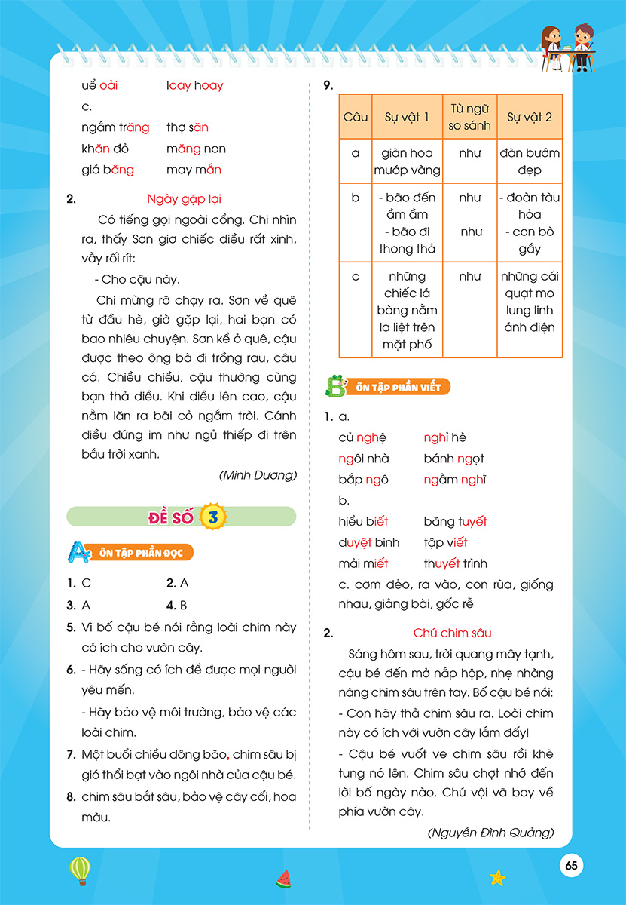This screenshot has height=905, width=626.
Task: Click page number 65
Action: [571, 866]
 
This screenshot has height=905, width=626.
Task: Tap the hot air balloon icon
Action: [79, 870]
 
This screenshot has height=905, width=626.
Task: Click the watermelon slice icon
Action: [283, 878]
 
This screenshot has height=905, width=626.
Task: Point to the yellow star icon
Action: [497, 877]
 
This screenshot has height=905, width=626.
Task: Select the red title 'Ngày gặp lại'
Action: [185, 199]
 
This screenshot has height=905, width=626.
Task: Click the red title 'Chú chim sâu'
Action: [452, 633]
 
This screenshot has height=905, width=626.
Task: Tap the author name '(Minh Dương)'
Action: [258, 475]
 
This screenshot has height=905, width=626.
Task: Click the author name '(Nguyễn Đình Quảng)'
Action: [490, 833]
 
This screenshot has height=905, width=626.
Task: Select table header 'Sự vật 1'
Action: [407, 117]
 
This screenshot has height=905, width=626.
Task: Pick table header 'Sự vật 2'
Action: [530, 117]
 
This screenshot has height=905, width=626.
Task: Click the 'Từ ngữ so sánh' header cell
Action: [469, 117]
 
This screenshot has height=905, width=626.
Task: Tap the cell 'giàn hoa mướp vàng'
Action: [407, 161]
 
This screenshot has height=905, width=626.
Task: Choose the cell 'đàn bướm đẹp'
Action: [530, 161]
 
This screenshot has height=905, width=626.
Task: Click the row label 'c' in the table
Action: [356, 277]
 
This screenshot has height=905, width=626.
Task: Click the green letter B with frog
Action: [334, 386]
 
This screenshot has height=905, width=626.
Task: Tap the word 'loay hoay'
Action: [195, 86]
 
